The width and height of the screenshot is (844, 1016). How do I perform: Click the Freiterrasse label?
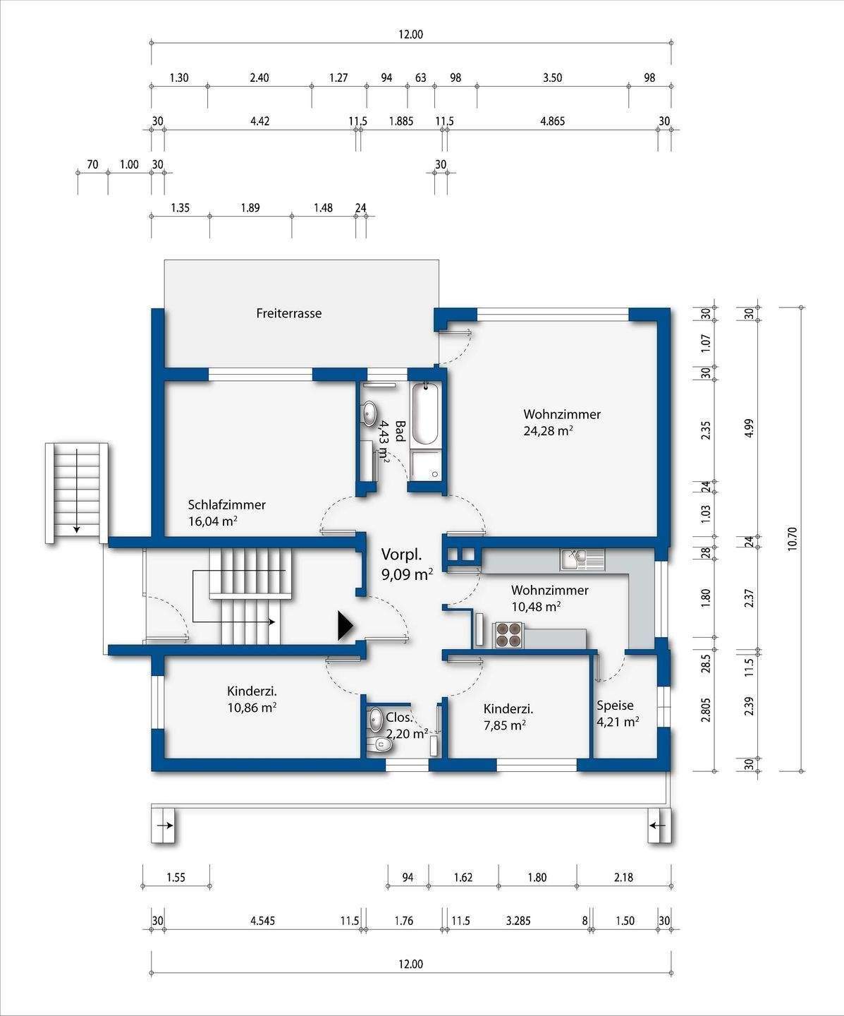tap(289, 313)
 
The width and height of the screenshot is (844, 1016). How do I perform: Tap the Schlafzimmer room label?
tap(227, 504)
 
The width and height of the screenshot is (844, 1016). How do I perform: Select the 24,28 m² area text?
tap(548, 430)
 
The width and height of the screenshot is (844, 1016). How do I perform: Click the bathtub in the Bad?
tap(425, 414)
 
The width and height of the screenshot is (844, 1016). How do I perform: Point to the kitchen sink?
tap(582, 560)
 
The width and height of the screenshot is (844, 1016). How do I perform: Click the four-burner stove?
tap(508, 635)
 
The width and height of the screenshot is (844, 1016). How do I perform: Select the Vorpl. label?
tap(401, 555)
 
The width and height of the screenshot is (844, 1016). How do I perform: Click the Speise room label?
tap(615, 705)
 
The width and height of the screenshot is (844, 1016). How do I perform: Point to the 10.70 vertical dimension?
tap(793, 539)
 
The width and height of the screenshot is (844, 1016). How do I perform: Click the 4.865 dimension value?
tap(553, 121)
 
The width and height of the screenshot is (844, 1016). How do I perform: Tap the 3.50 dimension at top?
tap(552, 78)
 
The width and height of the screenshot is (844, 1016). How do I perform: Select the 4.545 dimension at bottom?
tap(262, 921)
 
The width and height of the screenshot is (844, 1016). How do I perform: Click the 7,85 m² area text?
tap(505, 725)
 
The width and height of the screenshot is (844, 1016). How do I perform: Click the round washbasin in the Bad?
tap(370, 412)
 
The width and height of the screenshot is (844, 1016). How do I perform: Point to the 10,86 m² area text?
tap(252, 707)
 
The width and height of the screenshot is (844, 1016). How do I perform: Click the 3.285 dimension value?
tap(518, 921)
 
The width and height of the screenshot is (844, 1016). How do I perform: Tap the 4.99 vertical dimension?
tap(750, 428)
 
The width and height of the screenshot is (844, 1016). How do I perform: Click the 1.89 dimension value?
tap(250, 208)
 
